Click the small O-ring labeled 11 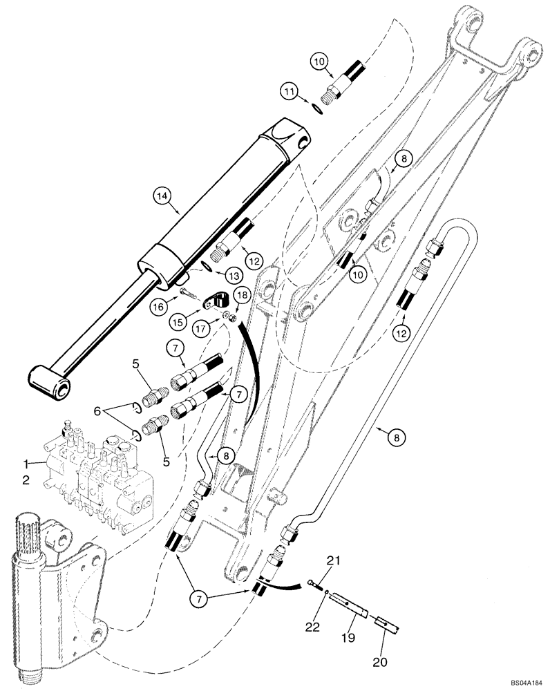click(x=315, y=106)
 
